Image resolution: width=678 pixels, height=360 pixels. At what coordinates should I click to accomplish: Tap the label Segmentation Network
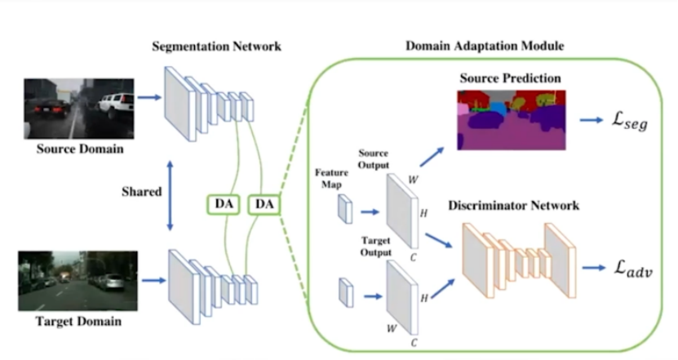[217, 46]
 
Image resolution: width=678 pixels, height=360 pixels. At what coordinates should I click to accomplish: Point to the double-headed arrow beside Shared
[169, 193]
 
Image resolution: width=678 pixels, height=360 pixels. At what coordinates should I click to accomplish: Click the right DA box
[265, 204]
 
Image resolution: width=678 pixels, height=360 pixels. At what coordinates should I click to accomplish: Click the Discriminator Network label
[513, 206]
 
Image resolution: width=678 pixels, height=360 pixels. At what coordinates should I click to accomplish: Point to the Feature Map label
[330, 179]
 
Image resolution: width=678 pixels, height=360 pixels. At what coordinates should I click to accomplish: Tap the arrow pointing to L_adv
[594, 268]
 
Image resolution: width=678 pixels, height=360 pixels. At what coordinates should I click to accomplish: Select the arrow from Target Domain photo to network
[153, 283]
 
